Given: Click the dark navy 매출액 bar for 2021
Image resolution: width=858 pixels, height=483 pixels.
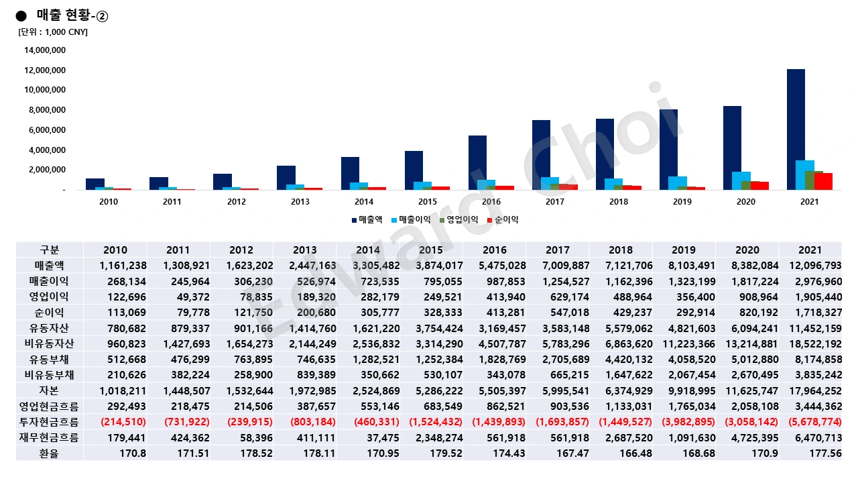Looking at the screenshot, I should pos(796,129).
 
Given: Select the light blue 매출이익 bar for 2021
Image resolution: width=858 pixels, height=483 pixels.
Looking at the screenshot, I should pos(805,175).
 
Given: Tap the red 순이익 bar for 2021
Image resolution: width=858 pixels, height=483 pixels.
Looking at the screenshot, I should pos(823,182).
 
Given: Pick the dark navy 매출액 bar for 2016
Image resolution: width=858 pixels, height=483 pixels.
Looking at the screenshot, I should pos(477,163).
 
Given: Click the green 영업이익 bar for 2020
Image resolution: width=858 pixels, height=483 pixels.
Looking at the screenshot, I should pos(746,186).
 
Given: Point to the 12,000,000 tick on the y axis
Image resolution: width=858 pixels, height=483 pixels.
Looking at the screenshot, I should pos(45,70).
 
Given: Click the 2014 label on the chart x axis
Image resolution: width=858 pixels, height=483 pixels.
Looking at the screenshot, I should pos(364,202).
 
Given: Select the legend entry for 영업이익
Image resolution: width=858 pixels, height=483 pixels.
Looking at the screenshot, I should pos(458,219).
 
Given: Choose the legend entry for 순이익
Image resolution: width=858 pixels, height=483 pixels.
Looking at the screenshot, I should pos(502,219).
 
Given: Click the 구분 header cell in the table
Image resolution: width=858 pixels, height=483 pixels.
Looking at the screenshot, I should pos(50,250).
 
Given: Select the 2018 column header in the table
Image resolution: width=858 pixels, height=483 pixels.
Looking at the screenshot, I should pos(621,250).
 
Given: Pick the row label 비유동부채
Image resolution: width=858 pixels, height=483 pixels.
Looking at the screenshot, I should pos(50,374).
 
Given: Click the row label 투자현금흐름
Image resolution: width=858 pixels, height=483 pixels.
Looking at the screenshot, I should pos(50,421).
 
